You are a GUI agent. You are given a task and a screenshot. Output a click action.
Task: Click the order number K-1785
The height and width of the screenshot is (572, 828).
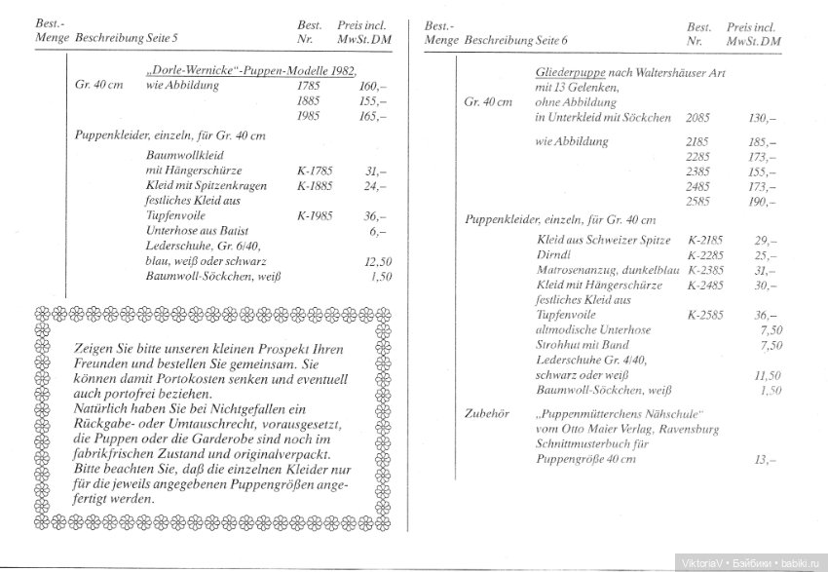[315, 170]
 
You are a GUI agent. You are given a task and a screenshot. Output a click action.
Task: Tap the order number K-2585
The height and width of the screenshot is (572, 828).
[706, 316]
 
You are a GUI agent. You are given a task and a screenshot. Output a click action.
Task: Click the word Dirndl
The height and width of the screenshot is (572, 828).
[554, 255]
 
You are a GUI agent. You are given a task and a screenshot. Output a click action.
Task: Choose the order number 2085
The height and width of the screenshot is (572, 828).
[698, 117]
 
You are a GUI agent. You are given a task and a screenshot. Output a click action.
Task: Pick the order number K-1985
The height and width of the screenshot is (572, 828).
[315, 215]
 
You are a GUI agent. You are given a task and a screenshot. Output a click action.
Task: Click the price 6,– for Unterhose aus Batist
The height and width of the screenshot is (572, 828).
[377, 232]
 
